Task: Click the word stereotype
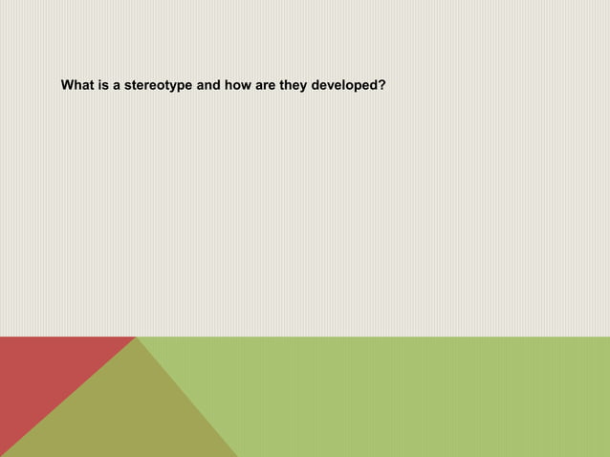(x=159, y=85)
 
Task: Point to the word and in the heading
(x=208, y=85)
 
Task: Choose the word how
(x=238, y=85)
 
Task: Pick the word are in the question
(x=266, y=85)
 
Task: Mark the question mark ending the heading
(x=381, y=85)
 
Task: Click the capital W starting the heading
(x=68, y=85)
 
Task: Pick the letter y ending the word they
(x=303, y=86)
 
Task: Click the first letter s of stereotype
(x=128, y=85)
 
